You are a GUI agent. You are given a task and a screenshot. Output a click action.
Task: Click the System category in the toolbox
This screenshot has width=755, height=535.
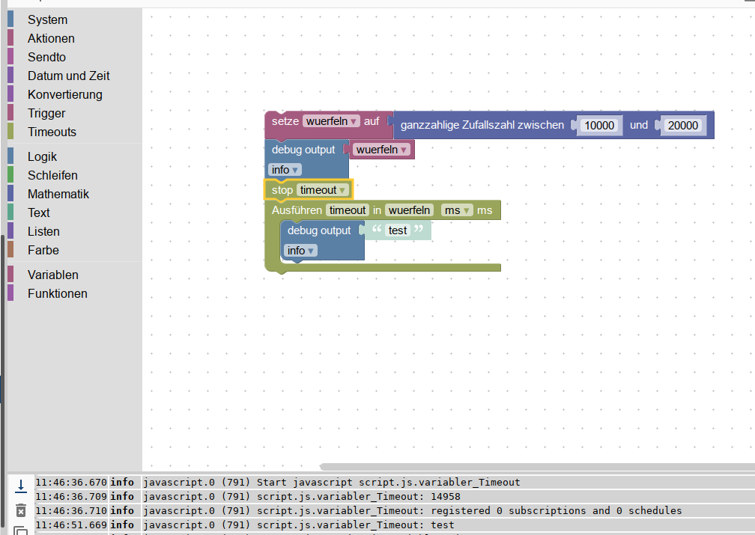coord(47,19)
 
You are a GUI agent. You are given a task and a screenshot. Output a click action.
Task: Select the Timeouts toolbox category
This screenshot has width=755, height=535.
coord(52,132)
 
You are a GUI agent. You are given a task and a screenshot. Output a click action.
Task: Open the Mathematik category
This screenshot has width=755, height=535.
coord(58,194)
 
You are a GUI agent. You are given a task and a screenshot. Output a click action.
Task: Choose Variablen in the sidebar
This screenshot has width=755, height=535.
coord(52,275)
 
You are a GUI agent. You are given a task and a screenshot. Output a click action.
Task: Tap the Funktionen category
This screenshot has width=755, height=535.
coord(57,293)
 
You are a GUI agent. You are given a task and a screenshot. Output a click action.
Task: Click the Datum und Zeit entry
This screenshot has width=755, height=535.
coord(68,76)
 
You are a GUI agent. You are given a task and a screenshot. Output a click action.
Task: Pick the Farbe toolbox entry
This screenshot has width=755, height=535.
coord(43,250)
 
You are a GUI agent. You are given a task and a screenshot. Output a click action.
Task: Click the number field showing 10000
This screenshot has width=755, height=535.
coord(599,126)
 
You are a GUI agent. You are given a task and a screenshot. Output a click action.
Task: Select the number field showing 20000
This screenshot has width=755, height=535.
coord(682,126)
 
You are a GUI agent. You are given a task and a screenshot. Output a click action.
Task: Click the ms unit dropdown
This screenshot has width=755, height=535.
coord(457,210)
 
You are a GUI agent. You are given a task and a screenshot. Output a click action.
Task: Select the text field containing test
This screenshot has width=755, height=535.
coord(398,230)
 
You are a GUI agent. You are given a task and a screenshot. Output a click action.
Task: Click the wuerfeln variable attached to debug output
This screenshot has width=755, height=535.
coord(381,150)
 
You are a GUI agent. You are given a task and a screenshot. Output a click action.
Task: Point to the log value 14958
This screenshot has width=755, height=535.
coord(446,497)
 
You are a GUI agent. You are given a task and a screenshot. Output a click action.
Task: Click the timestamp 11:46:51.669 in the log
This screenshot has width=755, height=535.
coord(71,525)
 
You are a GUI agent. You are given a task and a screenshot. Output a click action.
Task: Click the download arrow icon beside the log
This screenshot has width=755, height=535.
coord(21,486)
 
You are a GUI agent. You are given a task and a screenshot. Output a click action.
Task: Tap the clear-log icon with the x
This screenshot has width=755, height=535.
coord(21,511)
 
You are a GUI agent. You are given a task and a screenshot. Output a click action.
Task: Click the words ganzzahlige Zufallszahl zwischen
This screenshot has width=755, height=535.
coord(482,126)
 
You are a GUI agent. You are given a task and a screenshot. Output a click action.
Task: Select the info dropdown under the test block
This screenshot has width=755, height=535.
coord(300,251)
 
